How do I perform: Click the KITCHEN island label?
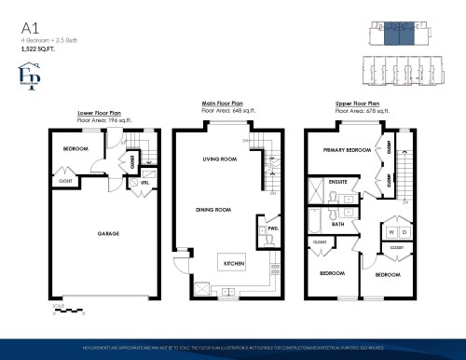(234, 264)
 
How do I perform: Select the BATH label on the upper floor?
(337, 224)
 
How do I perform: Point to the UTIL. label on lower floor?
(133, 184)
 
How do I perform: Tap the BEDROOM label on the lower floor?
(75, 149)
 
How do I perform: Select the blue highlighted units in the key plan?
(397, 34)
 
